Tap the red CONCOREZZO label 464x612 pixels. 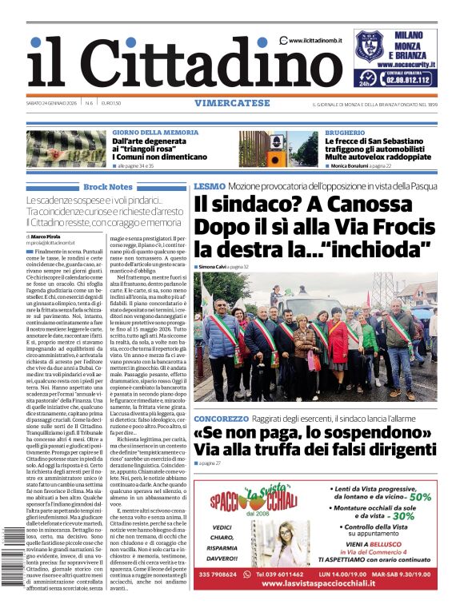click(221, 419)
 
